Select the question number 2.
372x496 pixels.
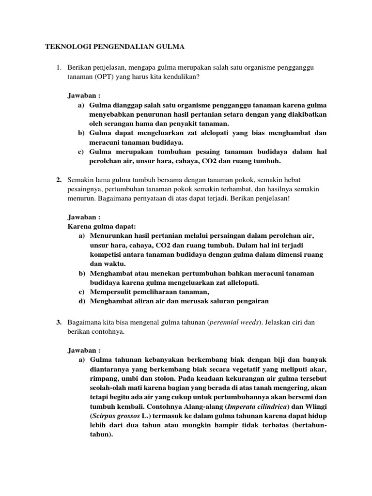(x=58, y=180)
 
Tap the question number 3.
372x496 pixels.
(x=58, y=322)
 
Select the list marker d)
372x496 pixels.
(x=81, y=301)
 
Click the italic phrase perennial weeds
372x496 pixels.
(x=232, y=322)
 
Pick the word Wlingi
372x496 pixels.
(x=314, y=416)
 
